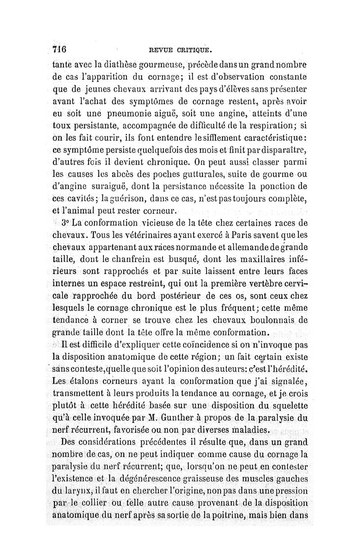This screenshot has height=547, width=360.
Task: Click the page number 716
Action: coord(59,48)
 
